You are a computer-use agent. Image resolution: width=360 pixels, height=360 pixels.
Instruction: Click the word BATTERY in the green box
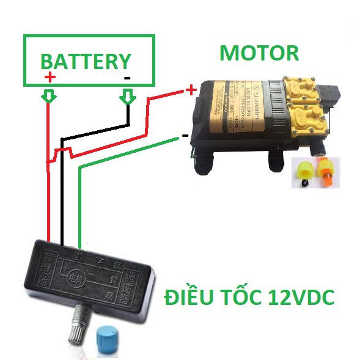pos(86,62)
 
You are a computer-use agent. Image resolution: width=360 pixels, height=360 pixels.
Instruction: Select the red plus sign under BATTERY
pos(50,78)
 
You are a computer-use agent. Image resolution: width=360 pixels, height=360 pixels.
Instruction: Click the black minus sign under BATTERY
pos(127,78)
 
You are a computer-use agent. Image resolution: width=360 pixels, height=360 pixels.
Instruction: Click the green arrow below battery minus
pos(127,96)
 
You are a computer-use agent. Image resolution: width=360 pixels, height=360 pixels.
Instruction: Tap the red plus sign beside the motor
pos(191,90)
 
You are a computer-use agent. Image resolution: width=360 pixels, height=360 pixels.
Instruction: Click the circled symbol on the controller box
pos(75,275)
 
